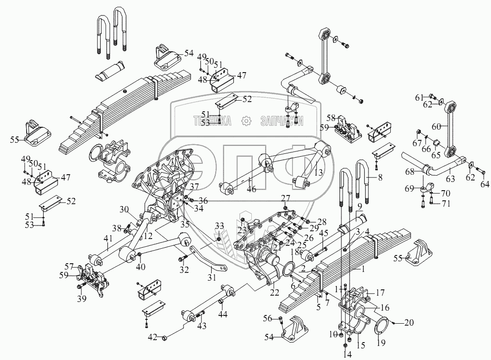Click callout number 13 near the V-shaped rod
click(x=318, y=172)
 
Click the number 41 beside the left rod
click(x=107, y=238)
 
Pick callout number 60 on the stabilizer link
click(x=436, y=127)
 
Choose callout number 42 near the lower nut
click(x=153, y=337)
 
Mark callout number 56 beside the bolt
click(x=267, y=318)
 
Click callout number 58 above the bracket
click(x=331, y=118)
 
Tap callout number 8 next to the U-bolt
click(x=380, y=178)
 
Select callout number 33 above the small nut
click(x=219, y=226)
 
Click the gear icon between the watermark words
click(x=246, y=120)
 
